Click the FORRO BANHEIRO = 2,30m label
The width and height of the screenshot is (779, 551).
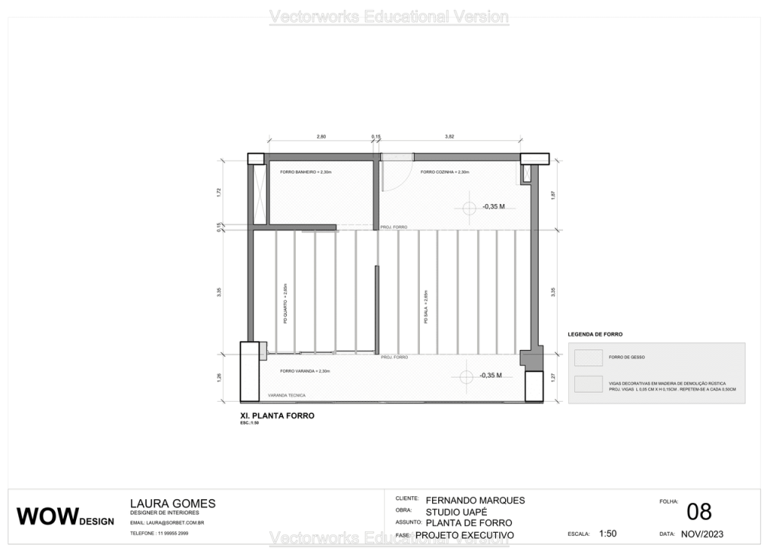(306, 172)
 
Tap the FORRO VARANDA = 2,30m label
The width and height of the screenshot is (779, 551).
(304, 371)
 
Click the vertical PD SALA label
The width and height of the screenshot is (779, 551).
(426, 307)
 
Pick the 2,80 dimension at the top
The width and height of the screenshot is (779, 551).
(321, 136)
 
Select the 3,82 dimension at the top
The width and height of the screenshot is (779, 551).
(449, 136)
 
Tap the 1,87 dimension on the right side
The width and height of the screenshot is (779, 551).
(553, 196)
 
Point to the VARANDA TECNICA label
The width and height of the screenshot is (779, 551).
(287, 396)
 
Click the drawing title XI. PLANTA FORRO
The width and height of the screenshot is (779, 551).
(277, 416)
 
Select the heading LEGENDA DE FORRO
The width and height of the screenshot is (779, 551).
(596, 334)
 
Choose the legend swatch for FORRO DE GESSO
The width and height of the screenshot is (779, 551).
(589, 357)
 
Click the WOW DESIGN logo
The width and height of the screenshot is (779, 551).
(65, 516)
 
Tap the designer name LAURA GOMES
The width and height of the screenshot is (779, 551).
(173, 503)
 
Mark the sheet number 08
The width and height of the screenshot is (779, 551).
(699, 511)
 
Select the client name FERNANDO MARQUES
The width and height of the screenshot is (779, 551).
(475, 500)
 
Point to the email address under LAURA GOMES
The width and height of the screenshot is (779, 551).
(167, 523)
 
